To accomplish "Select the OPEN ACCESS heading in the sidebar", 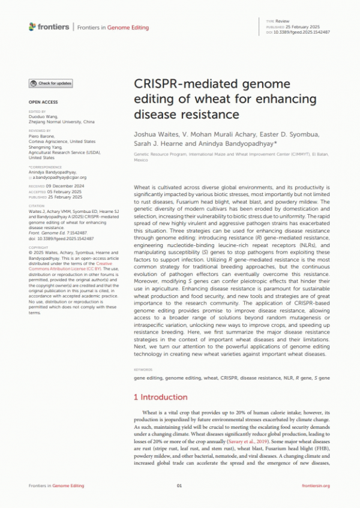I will coord(43,103).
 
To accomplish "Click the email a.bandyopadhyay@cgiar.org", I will coord(59,178).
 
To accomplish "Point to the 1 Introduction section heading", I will coord(160,397).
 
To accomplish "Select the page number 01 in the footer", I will coord(179,486).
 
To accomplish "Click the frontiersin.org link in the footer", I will coord(316,486).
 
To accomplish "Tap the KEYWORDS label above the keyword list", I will coord(143,370).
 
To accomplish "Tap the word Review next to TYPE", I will coord(282,21).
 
